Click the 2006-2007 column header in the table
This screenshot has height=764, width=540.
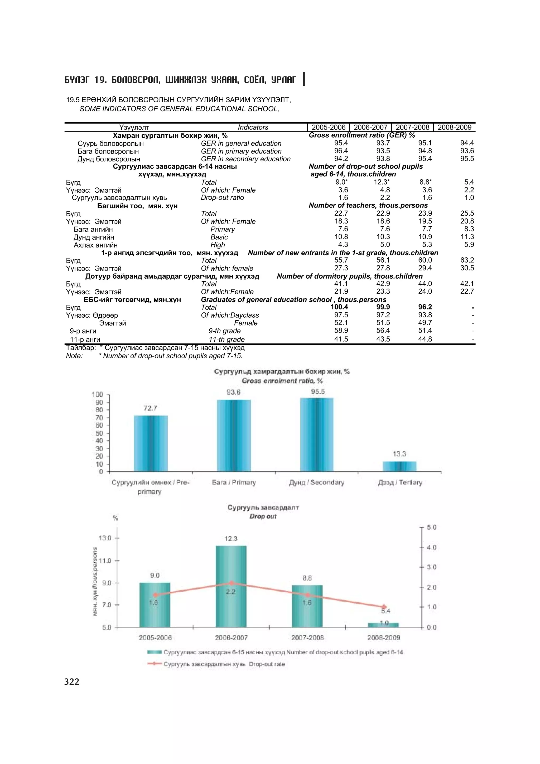pos(370,127)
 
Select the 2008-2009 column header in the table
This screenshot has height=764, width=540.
pos(455,127)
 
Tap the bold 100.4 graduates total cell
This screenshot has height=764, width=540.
pos(339,307)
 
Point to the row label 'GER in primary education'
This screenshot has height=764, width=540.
pos(241,151)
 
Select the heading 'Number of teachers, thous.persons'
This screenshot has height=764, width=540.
pos(368,205)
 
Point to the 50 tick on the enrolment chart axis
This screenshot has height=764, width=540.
pos(99,433)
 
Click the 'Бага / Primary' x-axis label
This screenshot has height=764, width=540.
pos(234,482)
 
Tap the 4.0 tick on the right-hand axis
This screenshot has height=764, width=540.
pos(432,547)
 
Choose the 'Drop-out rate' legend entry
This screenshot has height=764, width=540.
pos(224,664)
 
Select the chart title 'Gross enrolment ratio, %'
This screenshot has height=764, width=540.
pos(282,381)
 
